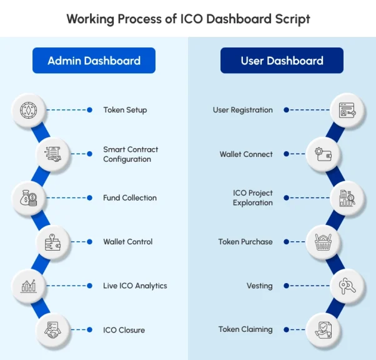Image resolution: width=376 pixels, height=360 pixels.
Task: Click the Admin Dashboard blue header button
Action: (94, 61)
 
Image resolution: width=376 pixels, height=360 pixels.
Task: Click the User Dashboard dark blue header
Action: (282, 61)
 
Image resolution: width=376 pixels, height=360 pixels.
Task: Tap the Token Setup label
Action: (125, 110)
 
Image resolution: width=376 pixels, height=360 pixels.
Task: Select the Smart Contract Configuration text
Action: (131, 154)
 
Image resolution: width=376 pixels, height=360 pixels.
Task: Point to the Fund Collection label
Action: (130, 198)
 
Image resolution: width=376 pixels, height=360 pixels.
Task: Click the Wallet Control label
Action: (127, 242)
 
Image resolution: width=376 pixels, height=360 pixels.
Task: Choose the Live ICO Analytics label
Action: (135, 286)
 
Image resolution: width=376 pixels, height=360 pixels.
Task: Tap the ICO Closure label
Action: (124, 329)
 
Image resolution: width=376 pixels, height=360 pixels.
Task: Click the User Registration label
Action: (242, 110)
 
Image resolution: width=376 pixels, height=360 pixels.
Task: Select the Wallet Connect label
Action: (245, 154)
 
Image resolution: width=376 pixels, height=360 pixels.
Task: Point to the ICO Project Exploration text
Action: (252, 198)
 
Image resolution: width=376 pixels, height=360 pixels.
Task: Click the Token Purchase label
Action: (245, 242)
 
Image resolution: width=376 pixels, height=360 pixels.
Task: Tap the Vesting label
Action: (259, 286)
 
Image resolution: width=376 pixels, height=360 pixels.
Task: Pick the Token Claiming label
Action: (245, 329)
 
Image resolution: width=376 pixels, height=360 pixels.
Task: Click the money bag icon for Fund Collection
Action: (29, 198)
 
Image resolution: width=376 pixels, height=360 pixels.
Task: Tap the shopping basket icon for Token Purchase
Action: (323, 242)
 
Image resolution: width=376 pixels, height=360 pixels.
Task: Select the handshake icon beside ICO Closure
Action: (53, 329)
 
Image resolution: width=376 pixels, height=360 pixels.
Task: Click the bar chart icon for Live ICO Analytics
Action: (29, 286)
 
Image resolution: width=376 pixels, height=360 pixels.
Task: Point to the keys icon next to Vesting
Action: (347, 286)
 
